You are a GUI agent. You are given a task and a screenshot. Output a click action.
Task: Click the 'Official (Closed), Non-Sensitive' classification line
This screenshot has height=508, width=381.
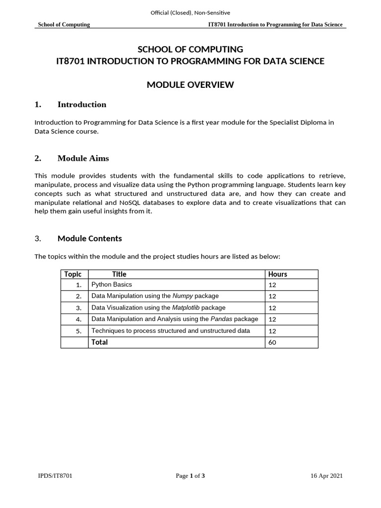coord(190,12)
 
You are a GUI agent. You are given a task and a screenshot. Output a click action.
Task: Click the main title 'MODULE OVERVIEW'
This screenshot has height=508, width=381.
coord(190,85)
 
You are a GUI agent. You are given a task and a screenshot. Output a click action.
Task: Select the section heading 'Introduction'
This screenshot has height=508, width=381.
coord(82,105)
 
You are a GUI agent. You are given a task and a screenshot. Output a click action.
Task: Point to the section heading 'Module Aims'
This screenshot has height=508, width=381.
coord(83,159)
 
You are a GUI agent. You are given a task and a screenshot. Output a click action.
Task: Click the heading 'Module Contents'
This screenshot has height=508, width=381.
coord(89,239)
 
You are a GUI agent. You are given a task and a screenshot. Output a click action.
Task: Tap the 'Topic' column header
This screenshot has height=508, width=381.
coord(73,274)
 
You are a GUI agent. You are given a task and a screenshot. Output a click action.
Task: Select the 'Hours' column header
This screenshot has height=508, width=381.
coord(277,274)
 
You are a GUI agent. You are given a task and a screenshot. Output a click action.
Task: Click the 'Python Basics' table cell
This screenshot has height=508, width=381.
coord(112,285)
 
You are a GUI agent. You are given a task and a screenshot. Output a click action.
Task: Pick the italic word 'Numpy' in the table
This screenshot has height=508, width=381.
coord(182,296)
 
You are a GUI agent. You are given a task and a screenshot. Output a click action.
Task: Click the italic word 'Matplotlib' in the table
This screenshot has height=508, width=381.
coord(186,308)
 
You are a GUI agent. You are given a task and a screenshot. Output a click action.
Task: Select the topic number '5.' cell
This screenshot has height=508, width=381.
coord(78,331)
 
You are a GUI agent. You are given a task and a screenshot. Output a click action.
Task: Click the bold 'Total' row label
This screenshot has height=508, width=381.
coord(99,342)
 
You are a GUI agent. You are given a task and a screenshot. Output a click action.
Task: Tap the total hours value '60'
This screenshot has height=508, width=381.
coord(272,342)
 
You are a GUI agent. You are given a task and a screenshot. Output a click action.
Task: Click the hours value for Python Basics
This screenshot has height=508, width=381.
coord(272,285)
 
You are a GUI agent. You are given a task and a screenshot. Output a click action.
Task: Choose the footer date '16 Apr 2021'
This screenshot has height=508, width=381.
coord(326,476)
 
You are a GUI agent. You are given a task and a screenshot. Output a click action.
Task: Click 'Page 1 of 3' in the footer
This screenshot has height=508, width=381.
coord(190,476)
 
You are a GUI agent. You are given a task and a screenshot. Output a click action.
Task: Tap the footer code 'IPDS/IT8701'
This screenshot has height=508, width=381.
coord(55,476)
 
